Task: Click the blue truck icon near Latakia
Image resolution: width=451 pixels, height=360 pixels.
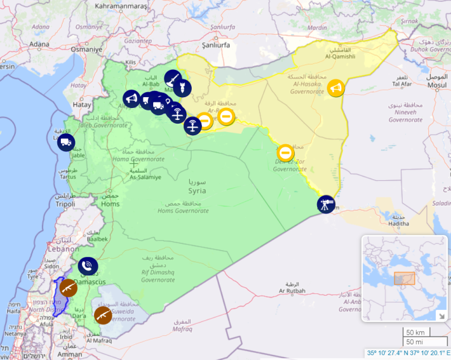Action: pyautogui.click(x=65, y=142)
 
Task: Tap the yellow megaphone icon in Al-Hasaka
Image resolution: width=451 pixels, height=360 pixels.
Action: pyautogui.click(x=336, y=89)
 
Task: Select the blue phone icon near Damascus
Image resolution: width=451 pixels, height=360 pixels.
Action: pyautogui.click(x=88, y=266)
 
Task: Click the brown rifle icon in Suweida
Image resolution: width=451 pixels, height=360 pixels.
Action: pyautogui.click(x=103, y=315)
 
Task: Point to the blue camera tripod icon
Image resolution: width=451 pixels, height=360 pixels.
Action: pyautogui.click(x=326, y=204)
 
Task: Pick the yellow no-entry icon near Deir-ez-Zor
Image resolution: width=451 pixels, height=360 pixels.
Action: pyautogui.click(x=285, y=153)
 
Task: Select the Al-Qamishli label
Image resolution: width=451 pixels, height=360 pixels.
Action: pyautogui.click(x=340, y=57)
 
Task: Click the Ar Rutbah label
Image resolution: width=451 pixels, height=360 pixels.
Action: pyautogui.click(x=292, y=291)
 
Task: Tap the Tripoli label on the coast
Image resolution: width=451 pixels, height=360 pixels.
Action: pyautogui.click(x=65, y=204)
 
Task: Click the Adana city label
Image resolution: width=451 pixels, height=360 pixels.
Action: pyautogui.click(x=39, y=44)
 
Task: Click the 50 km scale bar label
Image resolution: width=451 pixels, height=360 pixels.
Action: pyautogui.click(x=415, y=333)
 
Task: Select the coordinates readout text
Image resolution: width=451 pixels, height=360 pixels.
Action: pyautogui.click(x=408, y=353)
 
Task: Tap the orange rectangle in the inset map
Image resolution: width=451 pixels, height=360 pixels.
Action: pyautogui.click(x=404, y=279)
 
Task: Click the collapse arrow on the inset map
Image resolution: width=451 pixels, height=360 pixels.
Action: pyautogui.click(x=441, y=315)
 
